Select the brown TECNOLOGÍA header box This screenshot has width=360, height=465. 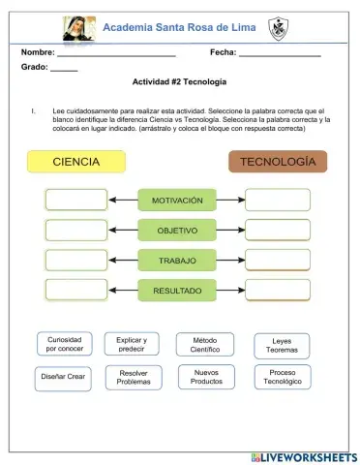(277, 161)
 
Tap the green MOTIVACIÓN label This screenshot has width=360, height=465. (177, 201)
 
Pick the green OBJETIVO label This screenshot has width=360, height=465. (177, 231)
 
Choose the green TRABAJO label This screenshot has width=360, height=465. (177, 261)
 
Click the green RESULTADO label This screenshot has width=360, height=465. (177, 290)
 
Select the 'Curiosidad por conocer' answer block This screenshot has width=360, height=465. (64, 344)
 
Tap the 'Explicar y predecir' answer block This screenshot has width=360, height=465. (131, 344)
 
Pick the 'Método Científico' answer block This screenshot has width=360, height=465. (204, 344)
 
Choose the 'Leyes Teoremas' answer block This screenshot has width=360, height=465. (282, 346)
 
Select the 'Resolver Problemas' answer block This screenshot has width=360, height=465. (135, 377)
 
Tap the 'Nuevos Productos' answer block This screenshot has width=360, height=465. (206, 377)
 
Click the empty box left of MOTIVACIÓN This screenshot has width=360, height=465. (76, 200)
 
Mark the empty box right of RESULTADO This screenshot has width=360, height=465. (278, 290)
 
